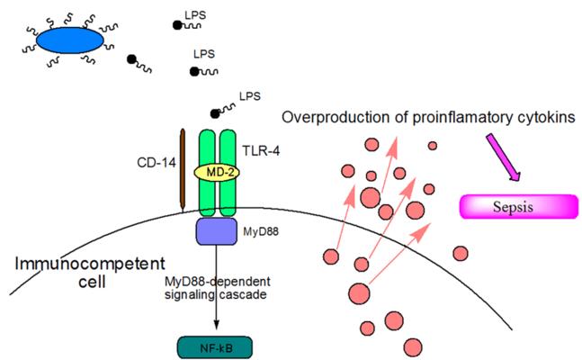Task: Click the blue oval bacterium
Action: pos(70,40)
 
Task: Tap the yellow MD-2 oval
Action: pos(217,173)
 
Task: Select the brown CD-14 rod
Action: pos(183,171)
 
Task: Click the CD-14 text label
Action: pos(157,162)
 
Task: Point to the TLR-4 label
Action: pos(261,151)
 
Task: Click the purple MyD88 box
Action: pos(217,231)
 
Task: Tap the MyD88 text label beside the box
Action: pos(261,232)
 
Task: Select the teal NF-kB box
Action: pos(215,347)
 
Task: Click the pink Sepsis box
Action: pos(519,206)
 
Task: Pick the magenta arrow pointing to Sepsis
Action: pos(503,157)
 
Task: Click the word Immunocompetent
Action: pos(90,264)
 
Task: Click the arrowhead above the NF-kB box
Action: pos(217,324)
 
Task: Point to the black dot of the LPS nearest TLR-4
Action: pos(214,113)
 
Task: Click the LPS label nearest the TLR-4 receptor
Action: pos(250,96)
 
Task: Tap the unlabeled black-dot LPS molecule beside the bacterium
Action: pos(139,64)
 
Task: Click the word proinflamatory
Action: pos(457,118)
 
